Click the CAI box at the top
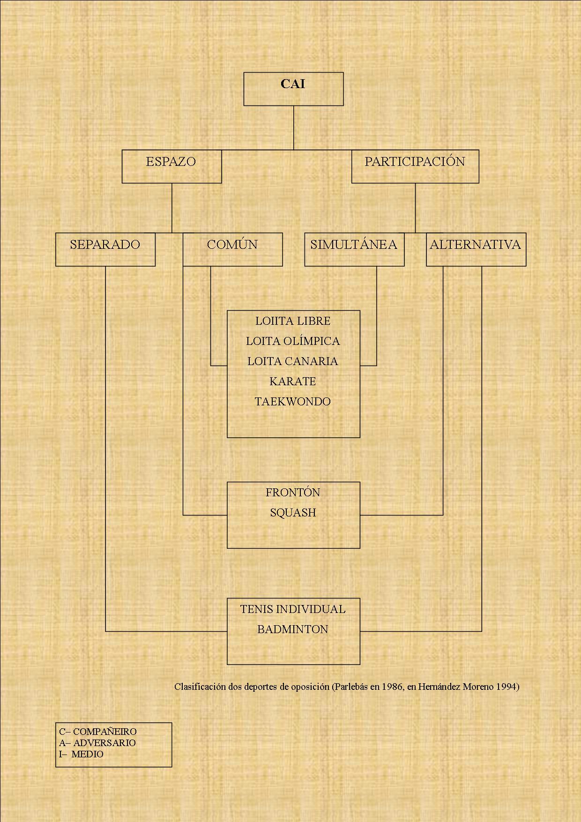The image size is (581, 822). pyautogui.click(x=293, y=89)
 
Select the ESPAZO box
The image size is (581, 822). pyautogui.click(x=171, y=166)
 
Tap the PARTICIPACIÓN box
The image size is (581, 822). pyautogui.click(x=415, y=166)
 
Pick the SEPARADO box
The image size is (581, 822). pyautogui.click(x=105, y=249)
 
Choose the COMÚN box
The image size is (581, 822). pyautogui.click(x=232, y=249)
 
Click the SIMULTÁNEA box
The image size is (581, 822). pyautogui.click(x=354, y=249)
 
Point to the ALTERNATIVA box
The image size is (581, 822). pyautogui.click(x=476, y=249)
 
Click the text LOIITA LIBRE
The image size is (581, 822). pyautogui.click(x=293, y=321)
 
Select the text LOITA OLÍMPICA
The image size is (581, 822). pyautogui.click(x=293, y=341)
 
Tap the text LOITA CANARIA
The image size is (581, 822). pyautogui.click(x=293, y=361)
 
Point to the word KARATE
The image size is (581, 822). pyautogui.click(x=293, y=381)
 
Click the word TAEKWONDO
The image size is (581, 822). pyautogui.click(x=293, y=402)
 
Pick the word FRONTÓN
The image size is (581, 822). pyautogui.click(x=293, y=493)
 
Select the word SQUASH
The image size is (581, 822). pyautogui.click(x=293, y=513)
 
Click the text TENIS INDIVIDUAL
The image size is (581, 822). pyautogui.click(x=293, y=609)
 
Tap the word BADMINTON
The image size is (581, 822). pyautogui.click(x=293, y=629)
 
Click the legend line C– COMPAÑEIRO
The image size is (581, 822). pyautogui.click(x=98, y=732)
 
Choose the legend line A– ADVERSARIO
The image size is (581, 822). pyautogui.click(x=97, y=743)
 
